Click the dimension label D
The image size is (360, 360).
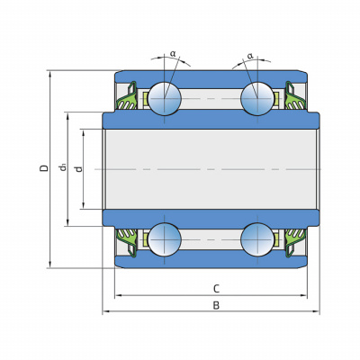[44, 167]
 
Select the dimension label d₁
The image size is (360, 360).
[63, 167]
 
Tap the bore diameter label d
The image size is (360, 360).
[79, 169]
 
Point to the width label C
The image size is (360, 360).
[216, 289]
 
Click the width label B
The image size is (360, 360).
[216, 305]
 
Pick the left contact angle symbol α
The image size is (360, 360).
[173, 54]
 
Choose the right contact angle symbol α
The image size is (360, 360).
[250, 56]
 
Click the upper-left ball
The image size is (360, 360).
[165, 98]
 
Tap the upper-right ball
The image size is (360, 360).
[257, 98]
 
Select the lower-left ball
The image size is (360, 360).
[165, 239]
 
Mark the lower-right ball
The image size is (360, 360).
[257, 239]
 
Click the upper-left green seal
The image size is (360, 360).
[127, 97]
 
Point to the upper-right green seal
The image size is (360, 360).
[295, 97]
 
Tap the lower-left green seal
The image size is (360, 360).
[127, 241]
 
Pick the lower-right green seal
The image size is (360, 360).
[295, 241]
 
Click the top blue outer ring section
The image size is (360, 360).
[211, 79]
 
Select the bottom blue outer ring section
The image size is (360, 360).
[211, 259]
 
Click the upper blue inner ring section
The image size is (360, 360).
[211, 120]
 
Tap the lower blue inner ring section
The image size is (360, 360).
[211, 219]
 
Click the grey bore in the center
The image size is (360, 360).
[211, 169]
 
